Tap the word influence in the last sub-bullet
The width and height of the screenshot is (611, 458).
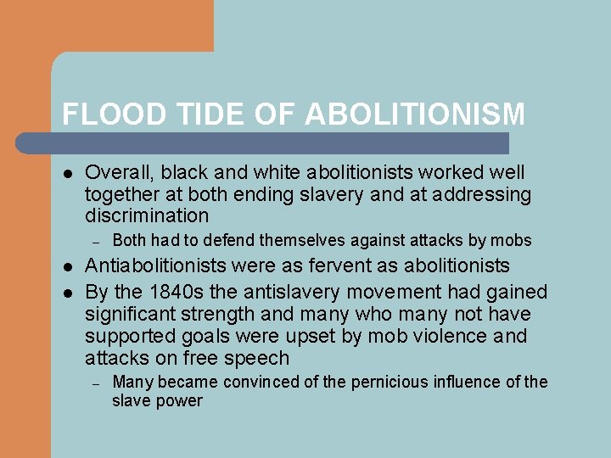(468, 383)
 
